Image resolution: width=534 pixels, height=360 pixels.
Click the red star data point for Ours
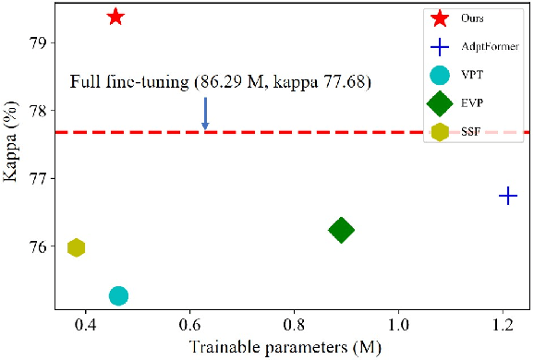point(115,17)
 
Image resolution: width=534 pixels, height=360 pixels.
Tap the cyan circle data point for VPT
point(118,295)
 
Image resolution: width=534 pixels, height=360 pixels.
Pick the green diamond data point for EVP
point(341,230)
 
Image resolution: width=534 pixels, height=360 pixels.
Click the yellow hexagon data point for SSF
point(77,247)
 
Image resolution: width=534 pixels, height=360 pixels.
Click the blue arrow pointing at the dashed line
point(205,114)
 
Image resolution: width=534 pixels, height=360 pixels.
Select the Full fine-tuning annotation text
point(221,83)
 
